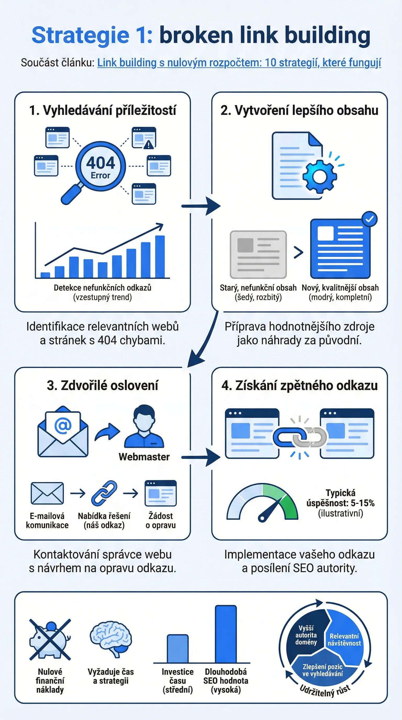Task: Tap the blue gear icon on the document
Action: pyautogui.click(x=320, y=176)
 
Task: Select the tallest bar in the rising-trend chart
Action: pyautogui.click(x=160, y=257)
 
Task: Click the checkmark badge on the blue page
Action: pyautogui.click(x=369, y=220)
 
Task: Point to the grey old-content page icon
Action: pyautogui.click(x=258, y=254)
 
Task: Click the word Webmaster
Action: pyautogui.click(x=144, y=457)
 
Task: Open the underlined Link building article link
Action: pyautogui.click(x=239, y=63)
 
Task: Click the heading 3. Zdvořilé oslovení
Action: pyautogui.click(x=102, y=385)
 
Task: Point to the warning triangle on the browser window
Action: pyautogui.click(x=148, y=144)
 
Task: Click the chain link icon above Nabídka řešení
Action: pyautogui.click(x=104, y=493)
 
